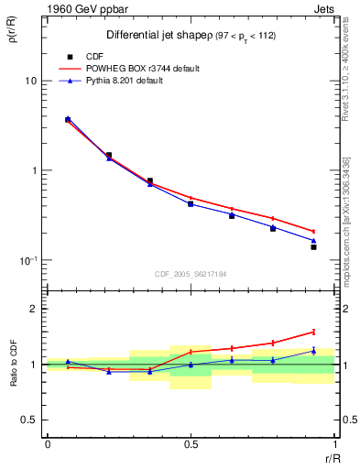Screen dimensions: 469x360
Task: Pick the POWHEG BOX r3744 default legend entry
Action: pyautogui.click(x=147, y=69)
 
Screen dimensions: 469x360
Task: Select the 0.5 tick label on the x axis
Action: pyautogui.click(x=191, y=444)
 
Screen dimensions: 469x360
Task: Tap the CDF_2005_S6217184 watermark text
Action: pyautogui.click(x=191, y=273)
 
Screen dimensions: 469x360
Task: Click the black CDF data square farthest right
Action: pyautogui.click(x=313, y=246)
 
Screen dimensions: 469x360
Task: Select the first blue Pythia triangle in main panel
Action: pyautogui.click(x=68, y=118)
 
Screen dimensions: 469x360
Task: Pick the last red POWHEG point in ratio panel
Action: pyautogui.click(x=313, y=332)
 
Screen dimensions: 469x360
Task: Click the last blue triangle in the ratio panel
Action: pyautogui.click(x=313, y=351)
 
